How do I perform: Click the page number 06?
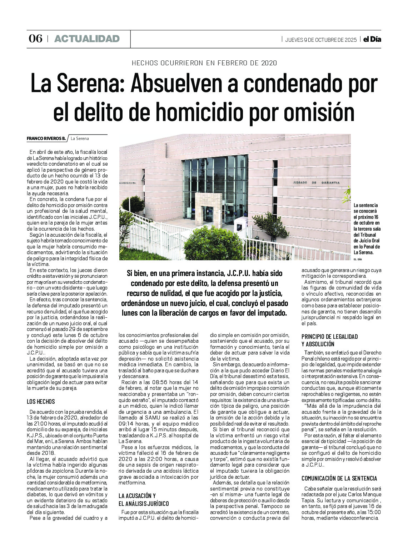(x=35, y=39)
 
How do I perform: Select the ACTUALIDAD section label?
(x=87, y=39)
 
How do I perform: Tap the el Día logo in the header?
(x=372, y=39)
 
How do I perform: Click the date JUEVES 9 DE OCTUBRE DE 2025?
(x=320, y=40)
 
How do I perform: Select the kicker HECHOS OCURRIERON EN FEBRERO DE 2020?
(x=204, y=63)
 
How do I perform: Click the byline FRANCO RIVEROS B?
(x=46, y=139)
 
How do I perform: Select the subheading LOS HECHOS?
(x=41, y=402)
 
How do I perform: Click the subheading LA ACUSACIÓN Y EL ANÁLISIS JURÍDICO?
(x=144, y=499)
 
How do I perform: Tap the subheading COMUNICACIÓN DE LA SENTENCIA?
(x=339, y=478)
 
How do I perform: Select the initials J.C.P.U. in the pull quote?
(x=239, y=274)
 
